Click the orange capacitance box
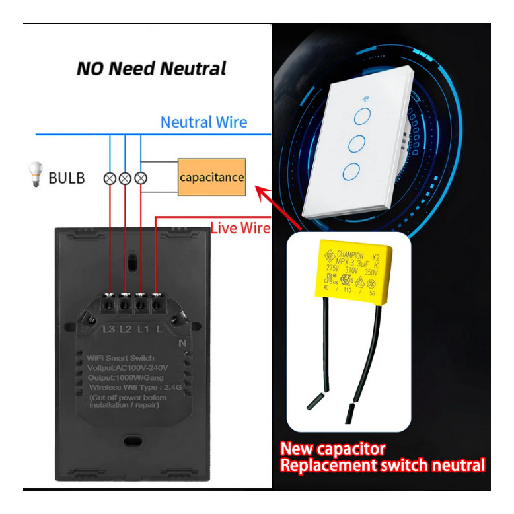pos(211,177)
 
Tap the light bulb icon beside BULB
pos(34,176)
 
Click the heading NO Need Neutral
pos(151,69)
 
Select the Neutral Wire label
pos(204,122)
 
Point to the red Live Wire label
pos(240,228)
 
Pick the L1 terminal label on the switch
pos(143,328)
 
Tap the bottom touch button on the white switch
pos(351,173)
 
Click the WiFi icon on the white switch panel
pos(365,99)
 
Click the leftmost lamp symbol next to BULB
pos(110,178)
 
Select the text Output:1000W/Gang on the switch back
pos(127,377)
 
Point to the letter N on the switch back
pos(182,344)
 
